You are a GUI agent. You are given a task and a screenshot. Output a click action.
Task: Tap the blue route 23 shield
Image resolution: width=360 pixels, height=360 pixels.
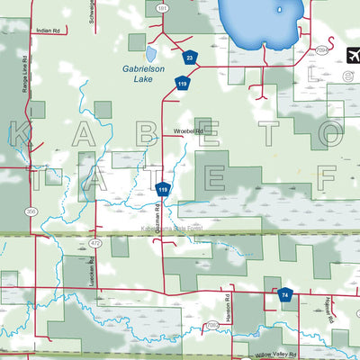point(189,58)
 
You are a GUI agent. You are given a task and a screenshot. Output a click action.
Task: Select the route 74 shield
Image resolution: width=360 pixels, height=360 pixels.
point(284,294)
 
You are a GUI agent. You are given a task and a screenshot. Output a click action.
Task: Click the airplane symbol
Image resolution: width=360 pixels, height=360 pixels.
point(351,54)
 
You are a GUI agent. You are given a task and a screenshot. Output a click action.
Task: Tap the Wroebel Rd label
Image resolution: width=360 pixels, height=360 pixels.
point(189,131)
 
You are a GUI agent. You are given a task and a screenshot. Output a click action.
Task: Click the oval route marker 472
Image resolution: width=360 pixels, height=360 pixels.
point(94,243)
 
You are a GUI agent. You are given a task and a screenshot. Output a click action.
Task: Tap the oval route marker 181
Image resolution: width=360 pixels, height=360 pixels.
point(162,7)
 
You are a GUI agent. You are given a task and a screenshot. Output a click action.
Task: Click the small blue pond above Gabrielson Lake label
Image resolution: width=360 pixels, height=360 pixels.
point(137,42)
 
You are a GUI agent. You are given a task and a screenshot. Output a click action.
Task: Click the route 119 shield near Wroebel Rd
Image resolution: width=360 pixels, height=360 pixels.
point(163,190)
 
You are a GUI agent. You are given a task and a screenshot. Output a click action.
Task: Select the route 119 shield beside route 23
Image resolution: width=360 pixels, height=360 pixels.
point(183,84)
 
